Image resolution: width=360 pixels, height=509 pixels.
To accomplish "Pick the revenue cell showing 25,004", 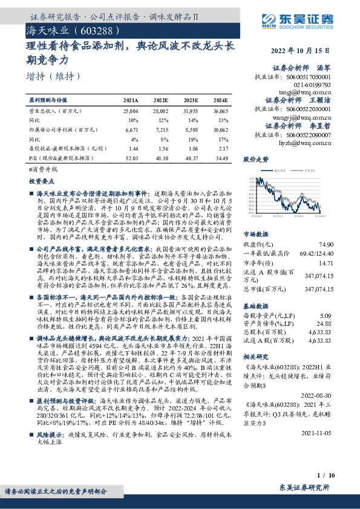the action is (130, 112).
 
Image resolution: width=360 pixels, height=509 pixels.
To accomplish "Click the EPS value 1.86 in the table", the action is (191, 148).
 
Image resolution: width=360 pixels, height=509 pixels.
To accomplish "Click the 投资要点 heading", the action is (42, 181).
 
